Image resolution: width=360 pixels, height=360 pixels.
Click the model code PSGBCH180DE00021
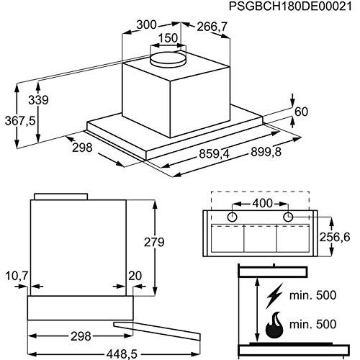290,6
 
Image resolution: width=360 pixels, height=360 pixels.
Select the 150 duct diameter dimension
168,38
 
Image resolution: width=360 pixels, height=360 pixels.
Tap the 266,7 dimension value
212,27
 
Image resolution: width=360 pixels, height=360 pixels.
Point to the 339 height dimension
38,100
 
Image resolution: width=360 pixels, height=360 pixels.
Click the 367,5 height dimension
20,121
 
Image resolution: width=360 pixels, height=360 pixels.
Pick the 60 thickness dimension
301,112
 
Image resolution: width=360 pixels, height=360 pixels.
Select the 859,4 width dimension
215,153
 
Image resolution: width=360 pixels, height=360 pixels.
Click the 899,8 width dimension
266,152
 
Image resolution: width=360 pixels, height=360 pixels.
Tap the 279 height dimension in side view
154,242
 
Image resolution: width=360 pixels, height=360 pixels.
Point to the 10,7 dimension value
17,276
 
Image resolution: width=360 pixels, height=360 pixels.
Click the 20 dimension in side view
135,276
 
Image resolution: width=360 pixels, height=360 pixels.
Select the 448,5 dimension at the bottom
122,354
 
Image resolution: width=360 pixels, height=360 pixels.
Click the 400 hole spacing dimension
263,203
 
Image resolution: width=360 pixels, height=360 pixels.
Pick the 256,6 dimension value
335,238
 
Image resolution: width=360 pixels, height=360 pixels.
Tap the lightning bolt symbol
275,296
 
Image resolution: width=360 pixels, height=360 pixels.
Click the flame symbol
274,325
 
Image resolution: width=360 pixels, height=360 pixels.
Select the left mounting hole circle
232,217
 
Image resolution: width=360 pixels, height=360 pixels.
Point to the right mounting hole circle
288,217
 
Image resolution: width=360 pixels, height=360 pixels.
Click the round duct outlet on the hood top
168,59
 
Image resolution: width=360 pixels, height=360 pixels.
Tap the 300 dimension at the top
146,25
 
